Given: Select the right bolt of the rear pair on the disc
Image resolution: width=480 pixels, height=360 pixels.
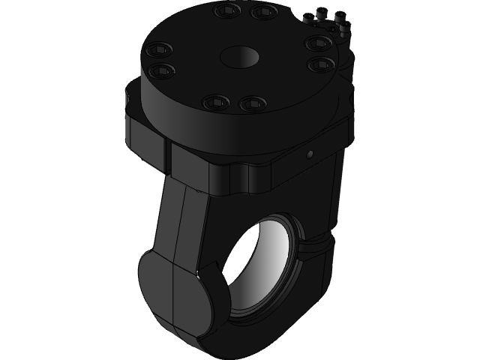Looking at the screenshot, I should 262,11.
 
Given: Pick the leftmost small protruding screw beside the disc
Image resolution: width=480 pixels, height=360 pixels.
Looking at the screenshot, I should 310,17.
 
